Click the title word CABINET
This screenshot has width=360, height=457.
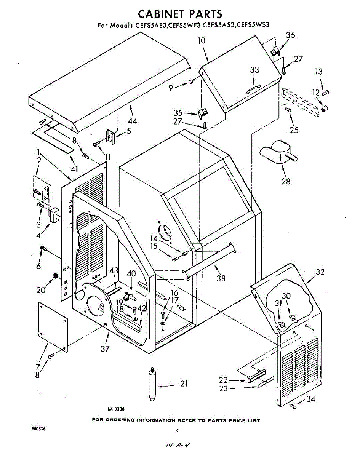click(x=160, y=14)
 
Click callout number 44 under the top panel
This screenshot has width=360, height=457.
click(x=132, y=121)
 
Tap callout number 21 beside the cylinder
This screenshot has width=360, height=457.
click(x=184, y=383)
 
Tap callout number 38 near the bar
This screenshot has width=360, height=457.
click(x=221, y=278)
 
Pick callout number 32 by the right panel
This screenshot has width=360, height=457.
click(x=320, y=272)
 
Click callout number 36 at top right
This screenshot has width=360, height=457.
click(x=290, y=35)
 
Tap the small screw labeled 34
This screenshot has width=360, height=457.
click(x=293, y=406)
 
